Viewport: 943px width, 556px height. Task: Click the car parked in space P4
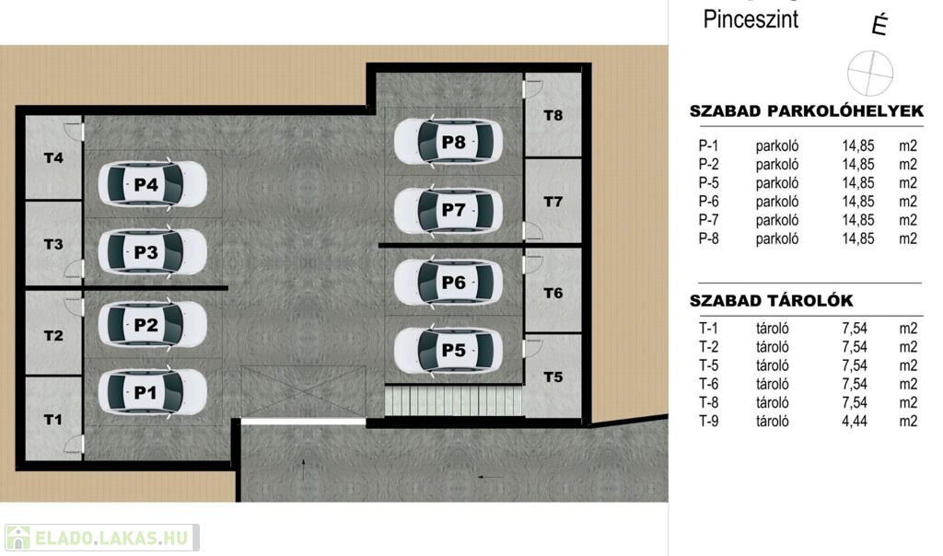point(153,184)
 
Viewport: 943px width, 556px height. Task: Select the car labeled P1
point(153,392)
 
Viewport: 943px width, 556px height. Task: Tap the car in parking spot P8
point(448,142)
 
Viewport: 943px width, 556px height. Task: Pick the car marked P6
point(448,282)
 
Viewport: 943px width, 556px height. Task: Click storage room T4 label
point(53,158)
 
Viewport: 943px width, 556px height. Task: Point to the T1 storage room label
point(52,420)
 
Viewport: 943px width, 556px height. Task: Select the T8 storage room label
point(553,115)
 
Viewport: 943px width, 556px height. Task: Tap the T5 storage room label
point(553,377)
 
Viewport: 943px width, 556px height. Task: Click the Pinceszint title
point(751,19)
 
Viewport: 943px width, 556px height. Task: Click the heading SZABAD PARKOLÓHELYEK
point(807,111)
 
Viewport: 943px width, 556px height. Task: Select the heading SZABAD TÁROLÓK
point(771,300)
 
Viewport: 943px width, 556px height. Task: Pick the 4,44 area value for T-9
point(855,421)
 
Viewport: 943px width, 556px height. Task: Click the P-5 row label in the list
point(708,183)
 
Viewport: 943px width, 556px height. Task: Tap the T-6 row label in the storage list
point(708,384)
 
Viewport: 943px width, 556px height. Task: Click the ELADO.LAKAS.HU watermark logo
point(102,538)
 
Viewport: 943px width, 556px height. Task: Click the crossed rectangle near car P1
point(302,392)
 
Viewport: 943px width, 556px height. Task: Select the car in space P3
point(153,252)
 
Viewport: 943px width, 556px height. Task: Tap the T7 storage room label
point(553,202)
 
